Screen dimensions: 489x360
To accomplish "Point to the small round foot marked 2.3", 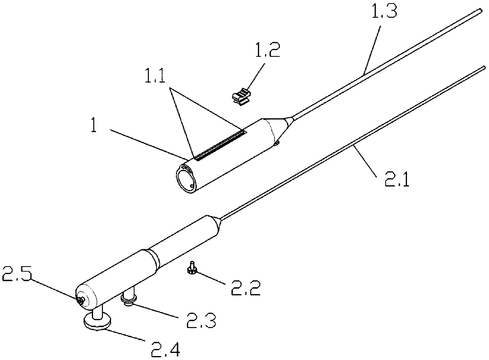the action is pos(129,300).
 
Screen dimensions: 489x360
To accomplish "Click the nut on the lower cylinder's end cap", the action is pos(80,300).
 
